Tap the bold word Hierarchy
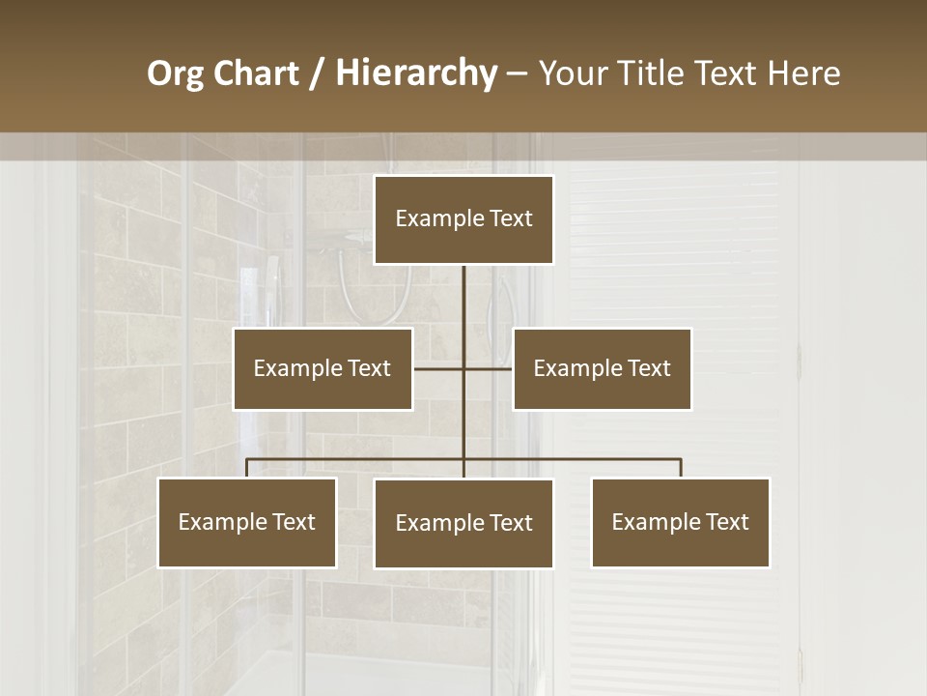point(416,73)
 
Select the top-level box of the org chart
point(463,219)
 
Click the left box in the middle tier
point(323,368)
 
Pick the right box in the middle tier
point(602,368)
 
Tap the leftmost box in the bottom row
point(246,522)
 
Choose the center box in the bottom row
point(463,523)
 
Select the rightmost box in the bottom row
point(680,522)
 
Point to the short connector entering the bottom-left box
point(246,469)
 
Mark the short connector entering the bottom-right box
point(681,469)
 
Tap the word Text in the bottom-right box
point(727,522)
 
